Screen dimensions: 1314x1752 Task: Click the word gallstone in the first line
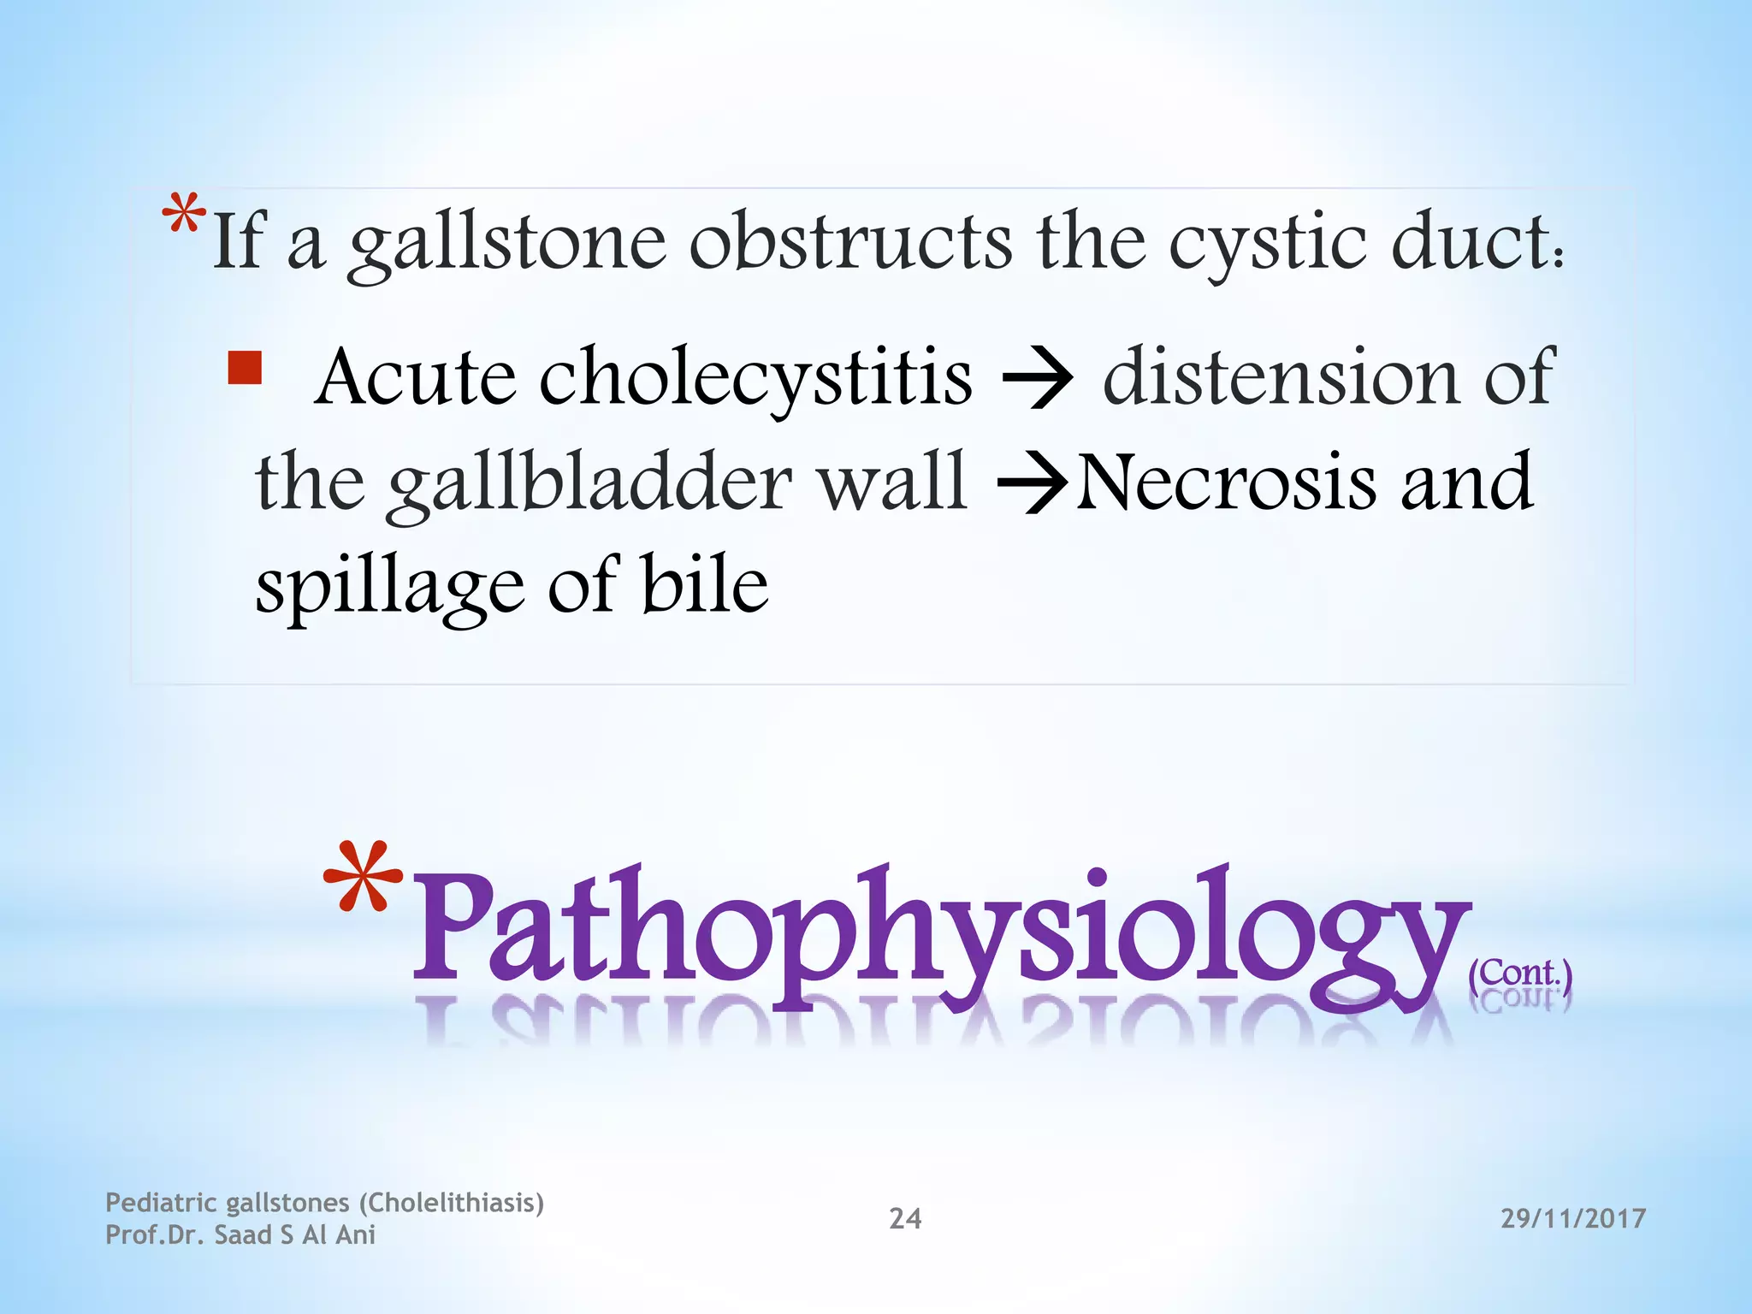507,246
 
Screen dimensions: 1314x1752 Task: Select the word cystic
1266,246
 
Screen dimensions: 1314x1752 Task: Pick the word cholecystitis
755,379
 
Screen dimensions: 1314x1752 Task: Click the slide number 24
905,1218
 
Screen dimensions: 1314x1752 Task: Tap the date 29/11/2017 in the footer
1573,1218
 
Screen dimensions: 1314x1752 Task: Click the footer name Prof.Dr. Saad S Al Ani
240,1235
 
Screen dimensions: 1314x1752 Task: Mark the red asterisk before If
185,215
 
